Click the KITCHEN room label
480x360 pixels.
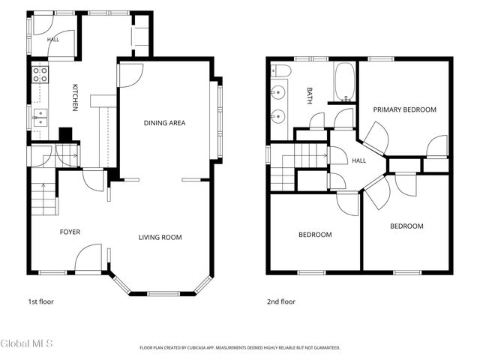75,97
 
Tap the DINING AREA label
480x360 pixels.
165,123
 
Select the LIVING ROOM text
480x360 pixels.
160,237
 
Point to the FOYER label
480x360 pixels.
70,232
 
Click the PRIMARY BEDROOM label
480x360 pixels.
405,109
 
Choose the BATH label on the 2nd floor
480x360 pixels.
310,96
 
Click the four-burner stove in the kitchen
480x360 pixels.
40,75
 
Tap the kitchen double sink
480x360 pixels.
40,118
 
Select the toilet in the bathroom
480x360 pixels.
281,70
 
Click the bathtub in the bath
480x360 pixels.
345,82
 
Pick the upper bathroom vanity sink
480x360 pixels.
278,91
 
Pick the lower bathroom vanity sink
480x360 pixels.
278,116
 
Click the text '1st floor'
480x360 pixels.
40,301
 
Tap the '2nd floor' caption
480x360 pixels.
281,301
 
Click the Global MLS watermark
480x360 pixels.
26,343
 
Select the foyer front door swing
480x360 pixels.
88,257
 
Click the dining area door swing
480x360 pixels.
130,75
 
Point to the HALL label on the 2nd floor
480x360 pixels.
358,160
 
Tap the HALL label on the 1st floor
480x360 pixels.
53,40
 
